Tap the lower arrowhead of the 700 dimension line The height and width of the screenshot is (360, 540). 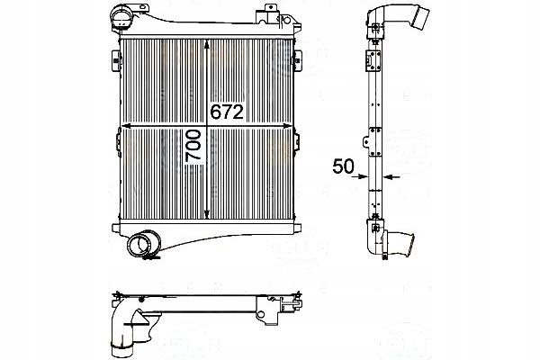(x=209, y=213)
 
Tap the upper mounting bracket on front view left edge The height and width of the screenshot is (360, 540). (x=114, y=58)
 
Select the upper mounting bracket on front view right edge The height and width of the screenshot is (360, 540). (x=296, y=58)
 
